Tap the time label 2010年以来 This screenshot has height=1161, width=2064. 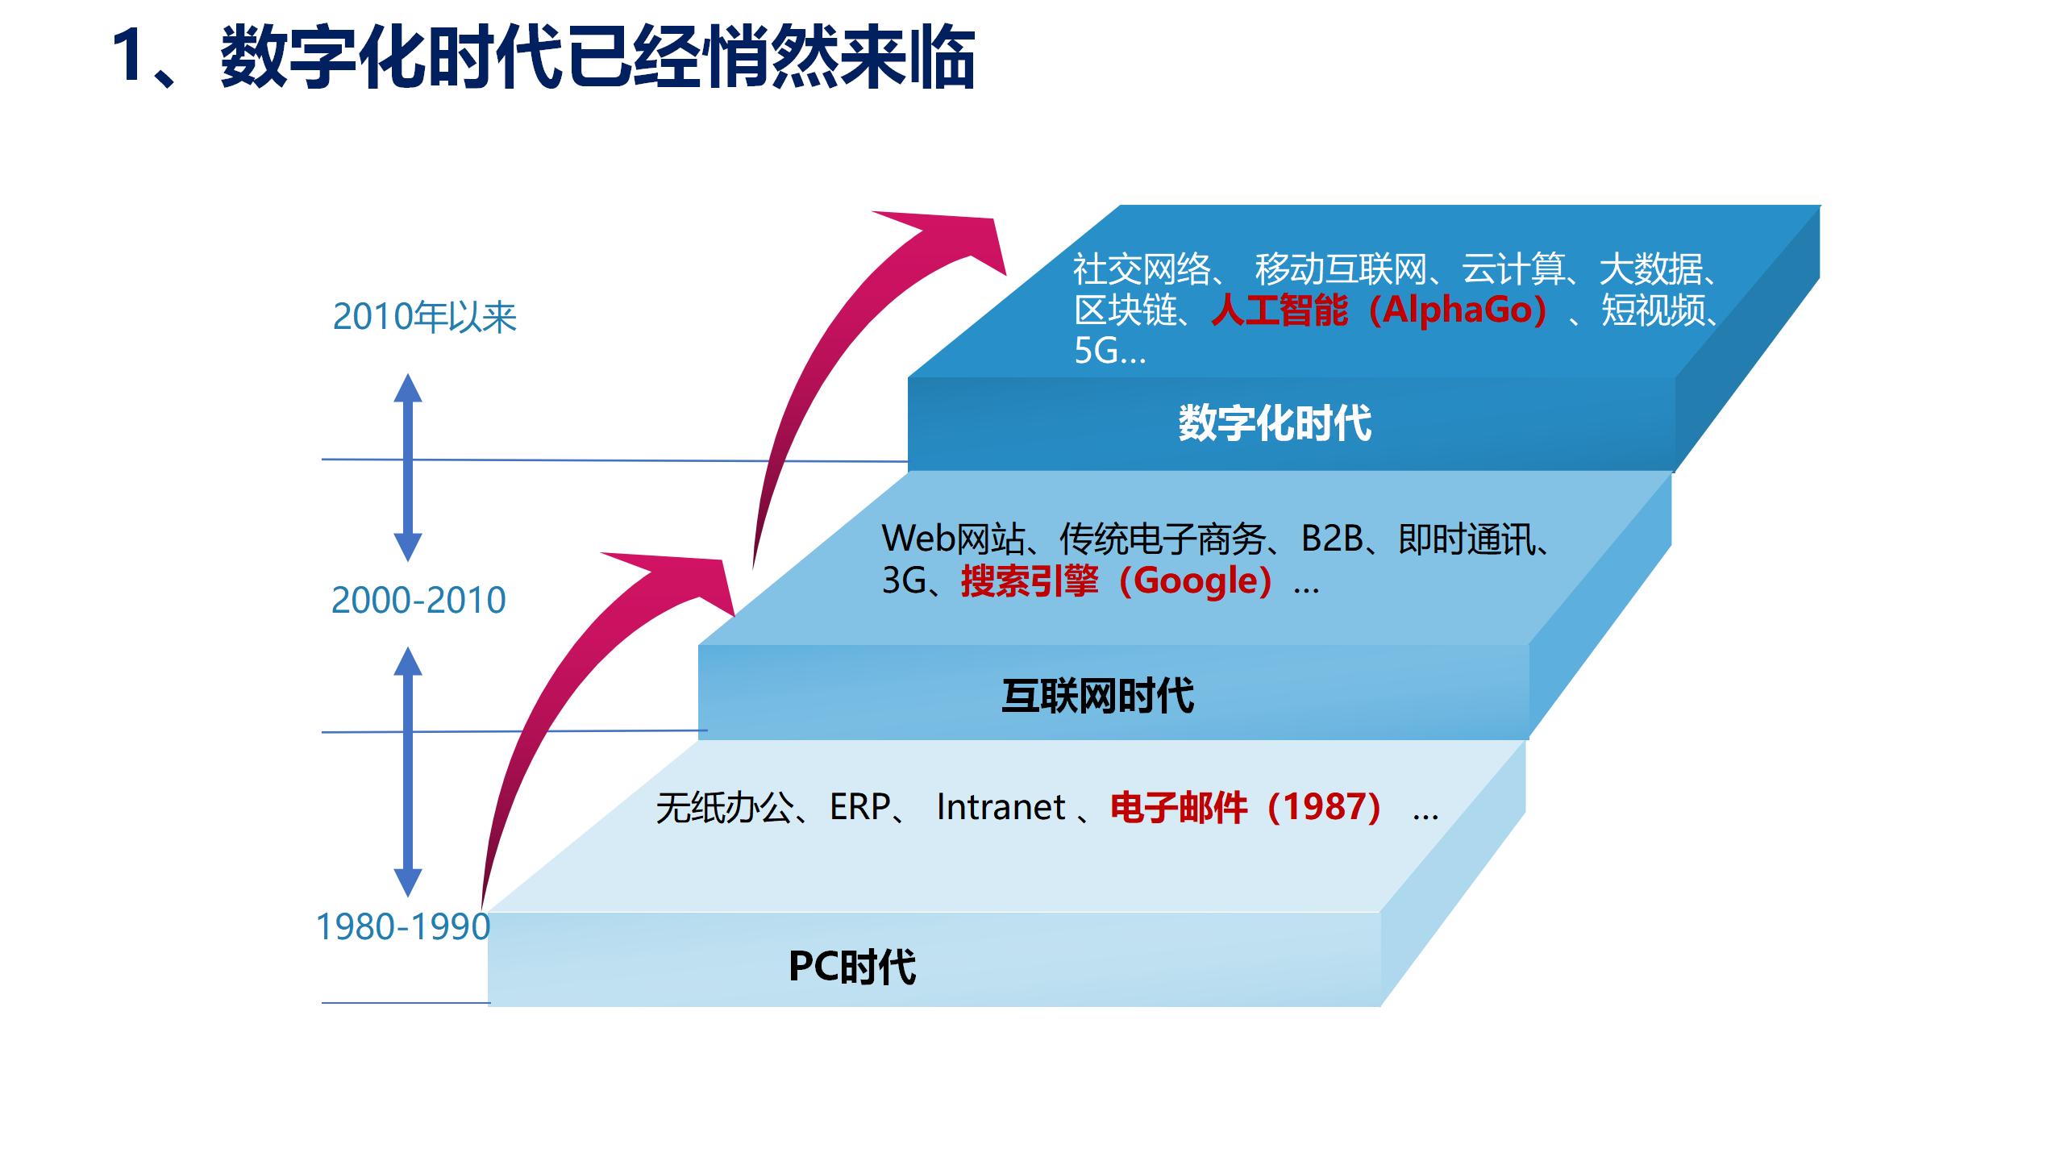click(x=424, y=317)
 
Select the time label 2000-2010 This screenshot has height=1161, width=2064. click(x=418, y=601)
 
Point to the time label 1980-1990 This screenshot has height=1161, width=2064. click(x=402, y=927)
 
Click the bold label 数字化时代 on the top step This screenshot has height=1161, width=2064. click(x=1274, y=423)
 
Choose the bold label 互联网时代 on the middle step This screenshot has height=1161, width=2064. click(x=1097, y=696)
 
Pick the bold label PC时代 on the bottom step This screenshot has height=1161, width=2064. click(x=852, y=967)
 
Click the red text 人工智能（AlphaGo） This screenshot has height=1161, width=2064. click(x=1379, y=310)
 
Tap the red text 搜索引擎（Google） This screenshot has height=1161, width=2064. click(x=1117, y=580)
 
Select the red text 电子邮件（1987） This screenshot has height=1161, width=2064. click(x=1246, y=807)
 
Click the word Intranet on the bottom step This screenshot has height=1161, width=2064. click(x=1001, y=807)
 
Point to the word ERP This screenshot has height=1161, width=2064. click(x=859, y=807)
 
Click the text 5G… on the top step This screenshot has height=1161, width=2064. click(x=1109, y=352)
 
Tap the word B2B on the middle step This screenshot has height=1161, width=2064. click(x=1332, y=539)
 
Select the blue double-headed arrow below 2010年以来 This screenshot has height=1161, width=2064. click(x=408, y=467)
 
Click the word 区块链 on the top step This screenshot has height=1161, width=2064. click(x=1126, y=310)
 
